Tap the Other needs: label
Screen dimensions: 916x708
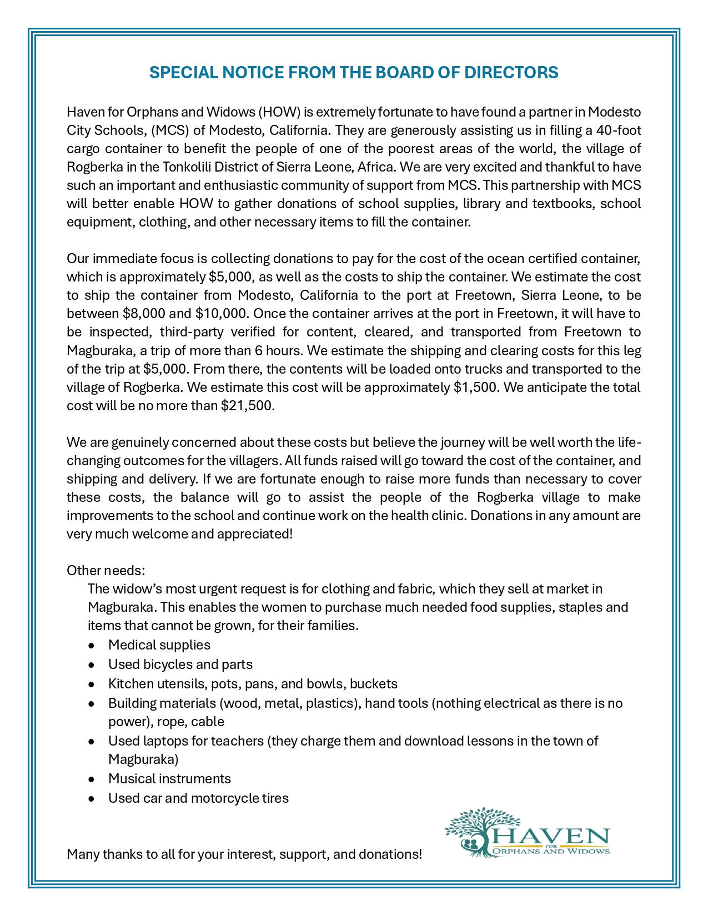pyautogui.click(x=106, y=571)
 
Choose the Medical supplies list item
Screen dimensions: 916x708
pyautogui.click(x=159, y=645)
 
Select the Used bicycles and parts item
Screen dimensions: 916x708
pyautogui.click(x=180, y=665)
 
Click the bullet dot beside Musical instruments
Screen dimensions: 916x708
pyautogui.click(x=91, y=779)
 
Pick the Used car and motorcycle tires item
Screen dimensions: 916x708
pyautogui.click(x=198, y=798)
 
